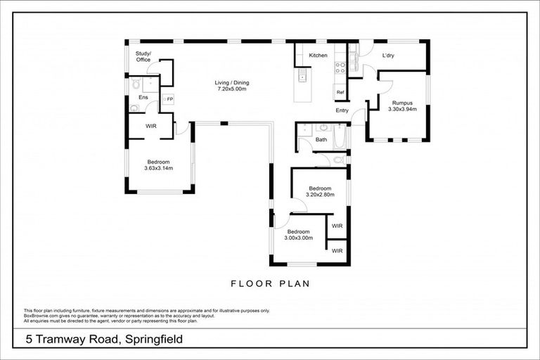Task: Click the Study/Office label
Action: (x=143, y=56)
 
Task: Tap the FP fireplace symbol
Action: (x=169, y=100)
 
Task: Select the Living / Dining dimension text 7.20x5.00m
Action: (x=232, y=89)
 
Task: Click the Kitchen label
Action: (x=318, y=55)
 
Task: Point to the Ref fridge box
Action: (x=340, y=92)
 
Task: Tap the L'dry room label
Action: (x=388, y=55)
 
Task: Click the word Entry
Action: (x=342, y=110)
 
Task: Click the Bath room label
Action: (x=321, y=139)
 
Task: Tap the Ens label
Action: (x=143, y=97)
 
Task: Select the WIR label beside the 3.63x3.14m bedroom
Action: (x=150, y=126)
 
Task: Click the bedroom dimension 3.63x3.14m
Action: (x=158, y=168)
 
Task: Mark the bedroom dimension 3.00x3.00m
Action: (x=298, y=237)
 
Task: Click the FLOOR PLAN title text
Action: (x=270, y=284)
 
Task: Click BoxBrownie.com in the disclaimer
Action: (x=40, y=314)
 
